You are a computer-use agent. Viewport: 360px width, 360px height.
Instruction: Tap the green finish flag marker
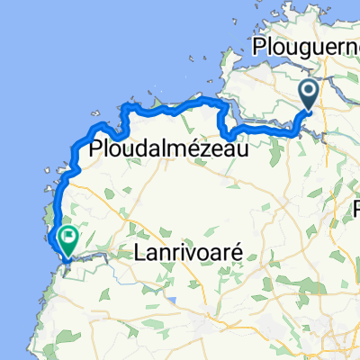pos(67,238)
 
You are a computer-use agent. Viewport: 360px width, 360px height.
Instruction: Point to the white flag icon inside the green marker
pos(67,237)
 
